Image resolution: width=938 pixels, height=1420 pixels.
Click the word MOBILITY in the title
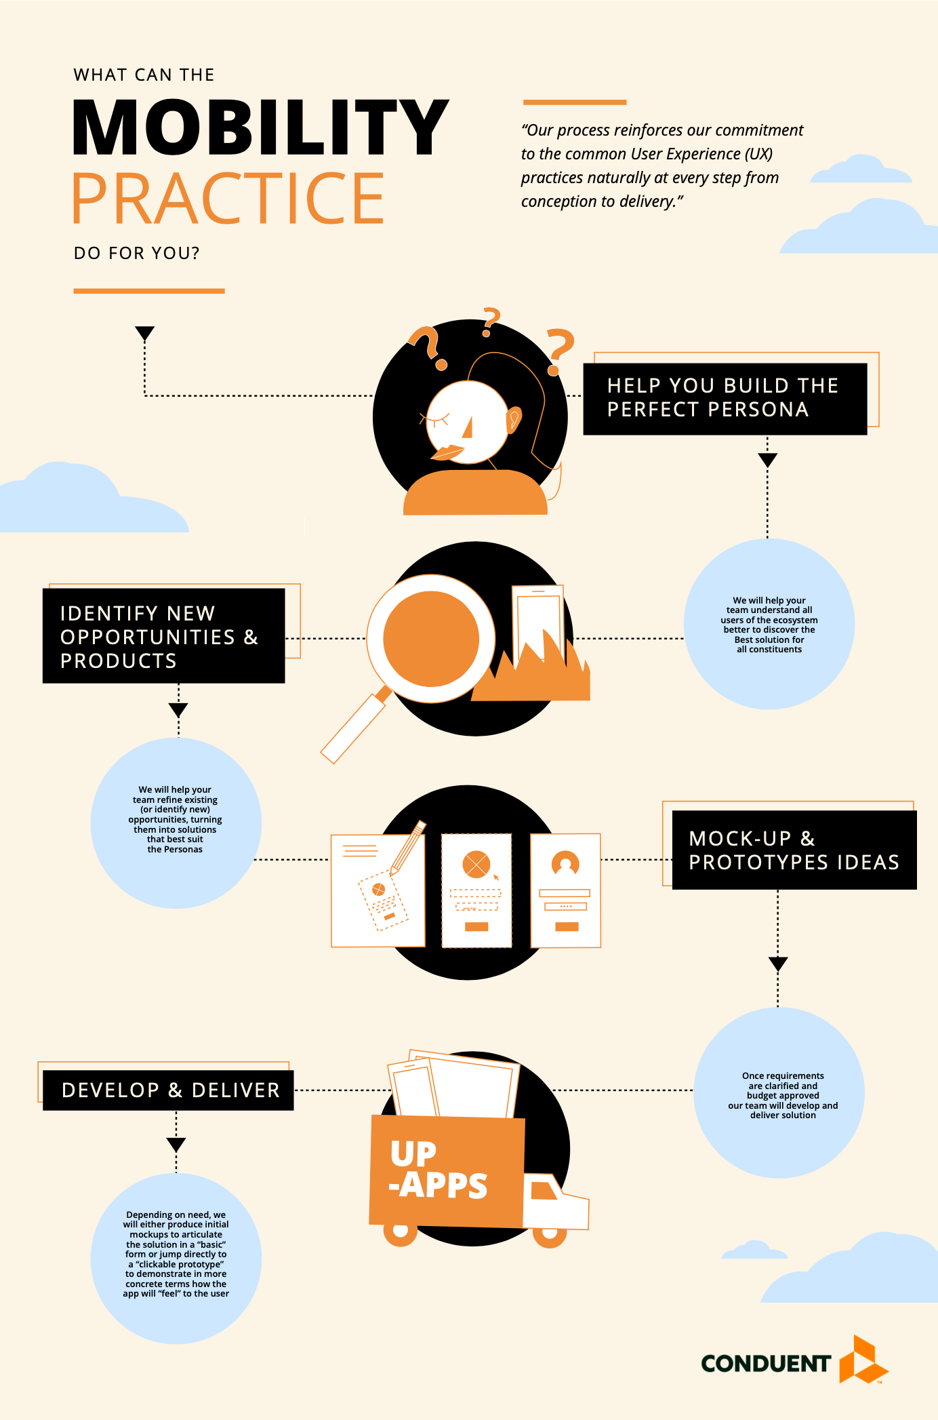(260, 127)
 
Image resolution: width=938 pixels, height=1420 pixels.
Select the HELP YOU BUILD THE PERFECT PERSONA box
(725, 398)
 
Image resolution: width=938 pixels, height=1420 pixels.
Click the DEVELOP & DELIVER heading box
(168, 1090)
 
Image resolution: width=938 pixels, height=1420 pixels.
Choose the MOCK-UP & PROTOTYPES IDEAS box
(794, 850)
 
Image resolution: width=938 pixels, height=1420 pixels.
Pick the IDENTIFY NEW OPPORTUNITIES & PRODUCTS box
(163, 635)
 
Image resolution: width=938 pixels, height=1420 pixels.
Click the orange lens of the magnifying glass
(431, 638)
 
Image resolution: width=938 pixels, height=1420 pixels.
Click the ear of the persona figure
(514, 419)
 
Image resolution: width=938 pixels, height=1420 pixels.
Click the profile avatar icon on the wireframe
(565, 863)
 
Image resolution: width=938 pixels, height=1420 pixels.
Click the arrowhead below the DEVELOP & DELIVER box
(176, 1145)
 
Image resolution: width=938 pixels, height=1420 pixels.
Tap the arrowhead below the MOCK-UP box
(778, 964)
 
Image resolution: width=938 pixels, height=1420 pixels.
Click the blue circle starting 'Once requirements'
(779, 1092)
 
